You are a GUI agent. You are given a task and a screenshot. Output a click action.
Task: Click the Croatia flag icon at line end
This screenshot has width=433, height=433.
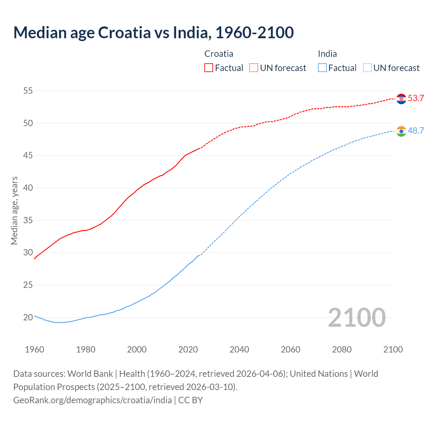pyautogui.click(x=401, y=99)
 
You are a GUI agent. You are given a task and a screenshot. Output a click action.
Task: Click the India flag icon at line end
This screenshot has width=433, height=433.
pyautogui.click(x=401, y=131)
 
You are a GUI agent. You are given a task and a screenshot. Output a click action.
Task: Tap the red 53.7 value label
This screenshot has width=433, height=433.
pyautogui.click(x=416, y=98)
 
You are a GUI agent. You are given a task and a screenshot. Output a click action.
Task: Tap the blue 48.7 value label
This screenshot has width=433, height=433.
pyautogui.click(x=416, y=131)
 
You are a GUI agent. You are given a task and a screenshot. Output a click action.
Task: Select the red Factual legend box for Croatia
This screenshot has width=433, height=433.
pyautogui.click(x=209, y=68)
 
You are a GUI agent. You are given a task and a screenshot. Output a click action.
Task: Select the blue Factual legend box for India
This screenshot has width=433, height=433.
pyautogui.click(x=322, y=68)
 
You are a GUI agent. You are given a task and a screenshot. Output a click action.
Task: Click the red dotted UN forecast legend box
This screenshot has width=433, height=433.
pyautogui.click(x=254, y=68)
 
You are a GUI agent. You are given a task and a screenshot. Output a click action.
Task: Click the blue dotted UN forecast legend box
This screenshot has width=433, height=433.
pyautogui.click(x=367, y=68)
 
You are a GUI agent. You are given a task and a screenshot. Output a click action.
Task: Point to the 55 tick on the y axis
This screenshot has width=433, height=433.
pyautogui.click(x=28, y=91)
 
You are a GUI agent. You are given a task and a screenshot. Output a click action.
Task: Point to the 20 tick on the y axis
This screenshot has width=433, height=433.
pyautogui.click(x=28, y=317)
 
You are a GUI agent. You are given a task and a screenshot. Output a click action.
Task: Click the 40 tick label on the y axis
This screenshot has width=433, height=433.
pyautogui.click(x=28, y=188)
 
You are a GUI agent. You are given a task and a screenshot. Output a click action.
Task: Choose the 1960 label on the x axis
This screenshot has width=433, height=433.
pyautogui.click(x=35, y=349)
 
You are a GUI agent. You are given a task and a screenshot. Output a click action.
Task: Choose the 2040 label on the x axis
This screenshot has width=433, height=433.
pyautogui.click(x=239, y=349)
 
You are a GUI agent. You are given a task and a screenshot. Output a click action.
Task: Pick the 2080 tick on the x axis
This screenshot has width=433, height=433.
pyautogui.click(x=342, y=349)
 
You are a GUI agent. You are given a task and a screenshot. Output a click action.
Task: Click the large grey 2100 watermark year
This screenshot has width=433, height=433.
pyautogui.click(x=357, y=317)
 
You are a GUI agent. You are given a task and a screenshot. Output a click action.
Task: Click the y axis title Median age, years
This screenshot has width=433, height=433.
pyautogui.click(x=14, y=210)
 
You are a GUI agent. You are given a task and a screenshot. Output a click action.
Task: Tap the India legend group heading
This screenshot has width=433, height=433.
pyautogui.click(x=327, y=54)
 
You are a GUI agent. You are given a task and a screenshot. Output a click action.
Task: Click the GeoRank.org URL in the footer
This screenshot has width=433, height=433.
pyautogui.click(x=92, y=400)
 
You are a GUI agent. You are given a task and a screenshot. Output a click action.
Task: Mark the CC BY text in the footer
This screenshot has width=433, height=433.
pyautogui.click(x=190, y=400)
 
